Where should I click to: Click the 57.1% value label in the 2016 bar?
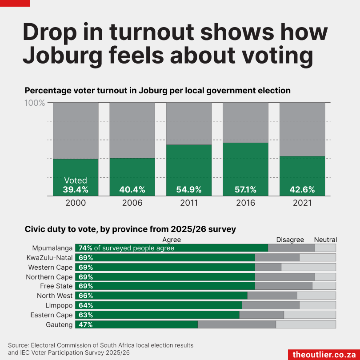245,190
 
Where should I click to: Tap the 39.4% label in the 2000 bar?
76,190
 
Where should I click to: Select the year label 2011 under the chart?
189,203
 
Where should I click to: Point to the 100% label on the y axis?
34,103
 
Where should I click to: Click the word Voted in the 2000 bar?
76,180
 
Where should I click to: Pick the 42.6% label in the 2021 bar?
302,190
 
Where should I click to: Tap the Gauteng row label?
59,325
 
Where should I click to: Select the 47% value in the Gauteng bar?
85,325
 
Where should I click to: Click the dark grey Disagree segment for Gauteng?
236,325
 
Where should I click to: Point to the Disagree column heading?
290,240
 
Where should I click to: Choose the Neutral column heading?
325,240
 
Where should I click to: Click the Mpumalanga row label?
52,248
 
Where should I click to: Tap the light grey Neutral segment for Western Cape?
308,268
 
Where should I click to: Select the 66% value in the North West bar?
85,296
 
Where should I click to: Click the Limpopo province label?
59,305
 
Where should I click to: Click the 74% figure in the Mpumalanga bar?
85,248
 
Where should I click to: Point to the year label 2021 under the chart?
302,203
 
